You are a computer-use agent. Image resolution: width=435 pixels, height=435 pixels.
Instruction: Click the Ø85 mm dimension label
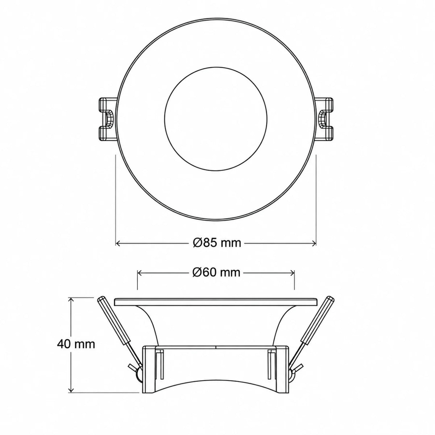(217, 243)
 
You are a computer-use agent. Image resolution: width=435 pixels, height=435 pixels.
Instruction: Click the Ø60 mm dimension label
(216, 273)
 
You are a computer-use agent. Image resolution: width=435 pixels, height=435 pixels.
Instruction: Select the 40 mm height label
(76, 344)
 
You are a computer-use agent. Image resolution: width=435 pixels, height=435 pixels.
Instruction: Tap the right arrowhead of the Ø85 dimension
(314, 243)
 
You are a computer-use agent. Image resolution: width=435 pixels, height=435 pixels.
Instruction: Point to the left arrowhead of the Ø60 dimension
(140, 273)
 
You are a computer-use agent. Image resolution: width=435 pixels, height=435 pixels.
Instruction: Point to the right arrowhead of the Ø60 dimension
(292, 273)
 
